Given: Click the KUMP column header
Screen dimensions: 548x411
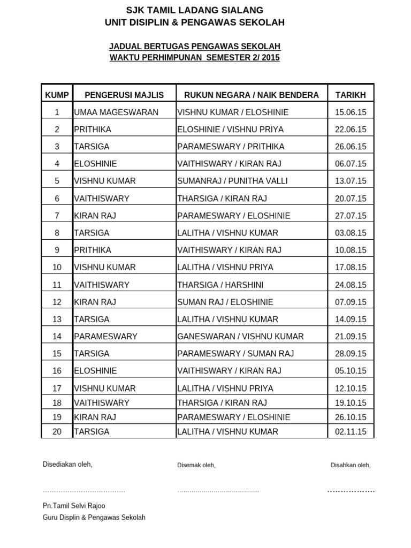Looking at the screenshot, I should [x=57, y=95].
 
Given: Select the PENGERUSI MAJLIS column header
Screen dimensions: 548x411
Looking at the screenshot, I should [x=124, y=95].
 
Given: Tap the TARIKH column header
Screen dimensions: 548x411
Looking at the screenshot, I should [x=351, y=95].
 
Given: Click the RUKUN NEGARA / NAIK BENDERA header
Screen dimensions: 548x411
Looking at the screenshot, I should [x=252, y=95].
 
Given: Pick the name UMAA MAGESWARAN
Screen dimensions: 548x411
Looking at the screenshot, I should [x=116, y=112].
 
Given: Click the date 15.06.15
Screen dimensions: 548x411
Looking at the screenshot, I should [x=351, y=112].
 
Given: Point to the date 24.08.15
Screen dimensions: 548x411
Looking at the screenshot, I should [x=351, y=285].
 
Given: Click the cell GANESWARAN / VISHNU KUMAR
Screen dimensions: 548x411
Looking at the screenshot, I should [x=240, y=337].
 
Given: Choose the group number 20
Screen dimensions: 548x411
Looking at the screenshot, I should [x=57, y=431].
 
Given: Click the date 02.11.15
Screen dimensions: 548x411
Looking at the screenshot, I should [x=351, y=431].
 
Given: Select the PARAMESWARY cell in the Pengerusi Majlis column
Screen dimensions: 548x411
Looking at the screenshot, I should [x=106, y=337].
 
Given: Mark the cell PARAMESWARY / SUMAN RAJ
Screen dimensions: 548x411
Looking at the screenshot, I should [x=235, y=354].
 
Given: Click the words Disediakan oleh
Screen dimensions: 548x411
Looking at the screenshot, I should [x=67, y=464].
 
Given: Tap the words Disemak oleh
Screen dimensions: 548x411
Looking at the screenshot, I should [x=196, y=465].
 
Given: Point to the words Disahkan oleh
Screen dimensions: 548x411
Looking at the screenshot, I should [x=351, y=465].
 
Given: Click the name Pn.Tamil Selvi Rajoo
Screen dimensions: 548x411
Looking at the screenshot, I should [x=74, y=506].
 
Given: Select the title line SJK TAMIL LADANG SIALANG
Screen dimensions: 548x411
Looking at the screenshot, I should [x=195, y=10].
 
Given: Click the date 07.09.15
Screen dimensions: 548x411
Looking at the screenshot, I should [x=351, y=302].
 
